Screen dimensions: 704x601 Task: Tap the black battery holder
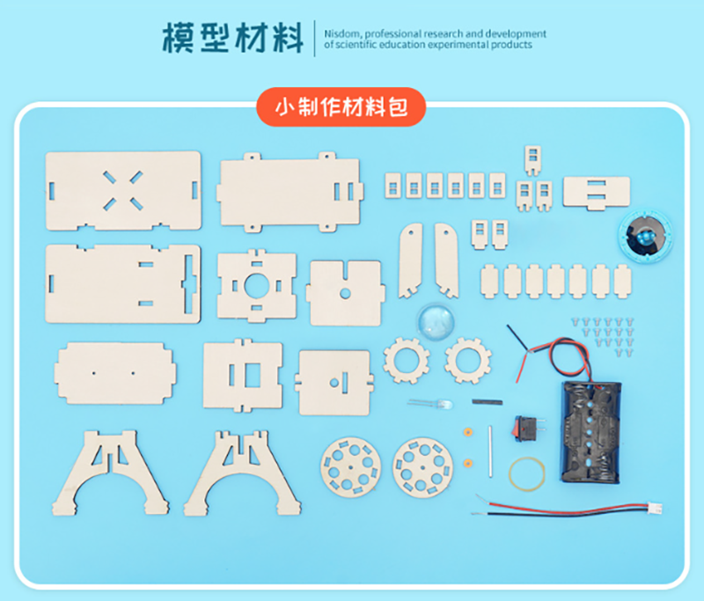click(591, 432)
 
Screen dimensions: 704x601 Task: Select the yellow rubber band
click(527, 474)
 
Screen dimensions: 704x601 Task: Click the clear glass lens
click(436, 321)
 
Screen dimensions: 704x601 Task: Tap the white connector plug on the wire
click(654, 508)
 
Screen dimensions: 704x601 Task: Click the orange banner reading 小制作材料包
click(341, 107)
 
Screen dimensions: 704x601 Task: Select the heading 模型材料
click(232, 39)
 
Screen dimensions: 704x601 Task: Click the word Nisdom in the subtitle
click(342, 33)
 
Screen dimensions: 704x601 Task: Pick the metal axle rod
click(490, 451)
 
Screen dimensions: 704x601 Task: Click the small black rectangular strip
click(488, 402)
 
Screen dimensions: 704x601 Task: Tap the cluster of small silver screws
click(603, 337)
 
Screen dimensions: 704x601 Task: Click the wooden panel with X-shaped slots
click(123, 191)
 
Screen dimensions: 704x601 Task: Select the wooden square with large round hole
click(256, 286)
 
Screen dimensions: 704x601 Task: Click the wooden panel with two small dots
click(115, 373)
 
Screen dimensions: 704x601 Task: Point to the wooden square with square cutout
click(243, 375)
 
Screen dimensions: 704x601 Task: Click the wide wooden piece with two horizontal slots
click(597, 193)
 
